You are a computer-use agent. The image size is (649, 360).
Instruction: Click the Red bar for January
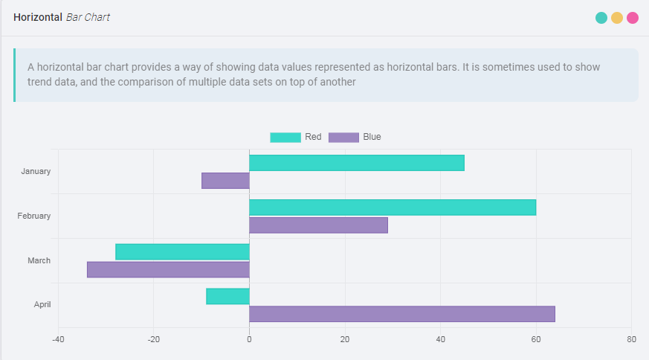pyautogui.click(x=357, y=163)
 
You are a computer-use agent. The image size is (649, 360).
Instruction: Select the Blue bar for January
pyautogui.click(x=225, y=181)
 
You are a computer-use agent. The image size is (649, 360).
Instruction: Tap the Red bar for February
pyautogui.click(x=393, y=208)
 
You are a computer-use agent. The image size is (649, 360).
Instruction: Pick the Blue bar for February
pyautogui.click(x=318, y=225)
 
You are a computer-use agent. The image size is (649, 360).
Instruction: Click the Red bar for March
pyautogui.click(x=182, y=252)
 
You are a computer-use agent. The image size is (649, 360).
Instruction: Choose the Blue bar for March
pyautogui.click(x=168, y=269)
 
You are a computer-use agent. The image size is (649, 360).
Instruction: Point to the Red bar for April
pyautogui.click(x=227, y=296)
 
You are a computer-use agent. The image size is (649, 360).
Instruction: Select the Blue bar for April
pyautogui.click(x=402, y=314)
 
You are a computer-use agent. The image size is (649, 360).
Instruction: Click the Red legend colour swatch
pyautogui.click(x=285, y=137)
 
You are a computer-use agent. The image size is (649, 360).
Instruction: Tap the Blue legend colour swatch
pyautogui.click(x=343, y=137)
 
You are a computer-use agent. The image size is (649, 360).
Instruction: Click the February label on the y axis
pyautogui.click(x=34, y=216)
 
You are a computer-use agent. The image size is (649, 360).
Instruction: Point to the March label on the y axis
pyautogui.click(x=39, y=260)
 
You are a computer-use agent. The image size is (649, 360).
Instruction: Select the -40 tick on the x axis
pyautogui.click(x=58, y=340)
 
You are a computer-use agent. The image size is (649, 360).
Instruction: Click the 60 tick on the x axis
pyautogui.click(x=536, y=340)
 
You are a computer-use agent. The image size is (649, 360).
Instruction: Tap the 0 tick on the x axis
pyautogui.click(x=249, y=340)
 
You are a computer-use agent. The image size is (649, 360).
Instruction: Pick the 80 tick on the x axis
pyautogui.click(x=631, y=340)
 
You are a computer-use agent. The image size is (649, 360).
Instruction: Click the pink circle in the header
pyautogui.click(x=633, y=18)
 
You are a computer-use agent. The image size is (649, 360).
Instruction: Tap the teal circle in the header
pyautogui.click(x=601, y=18)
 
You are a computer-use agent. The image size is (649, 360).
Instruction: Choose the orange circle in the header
pyautogui.click(x=617, y=18)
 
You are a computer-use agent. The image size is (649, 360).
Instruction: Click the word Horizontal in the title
pyautogui.click(x=38, y=17)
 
